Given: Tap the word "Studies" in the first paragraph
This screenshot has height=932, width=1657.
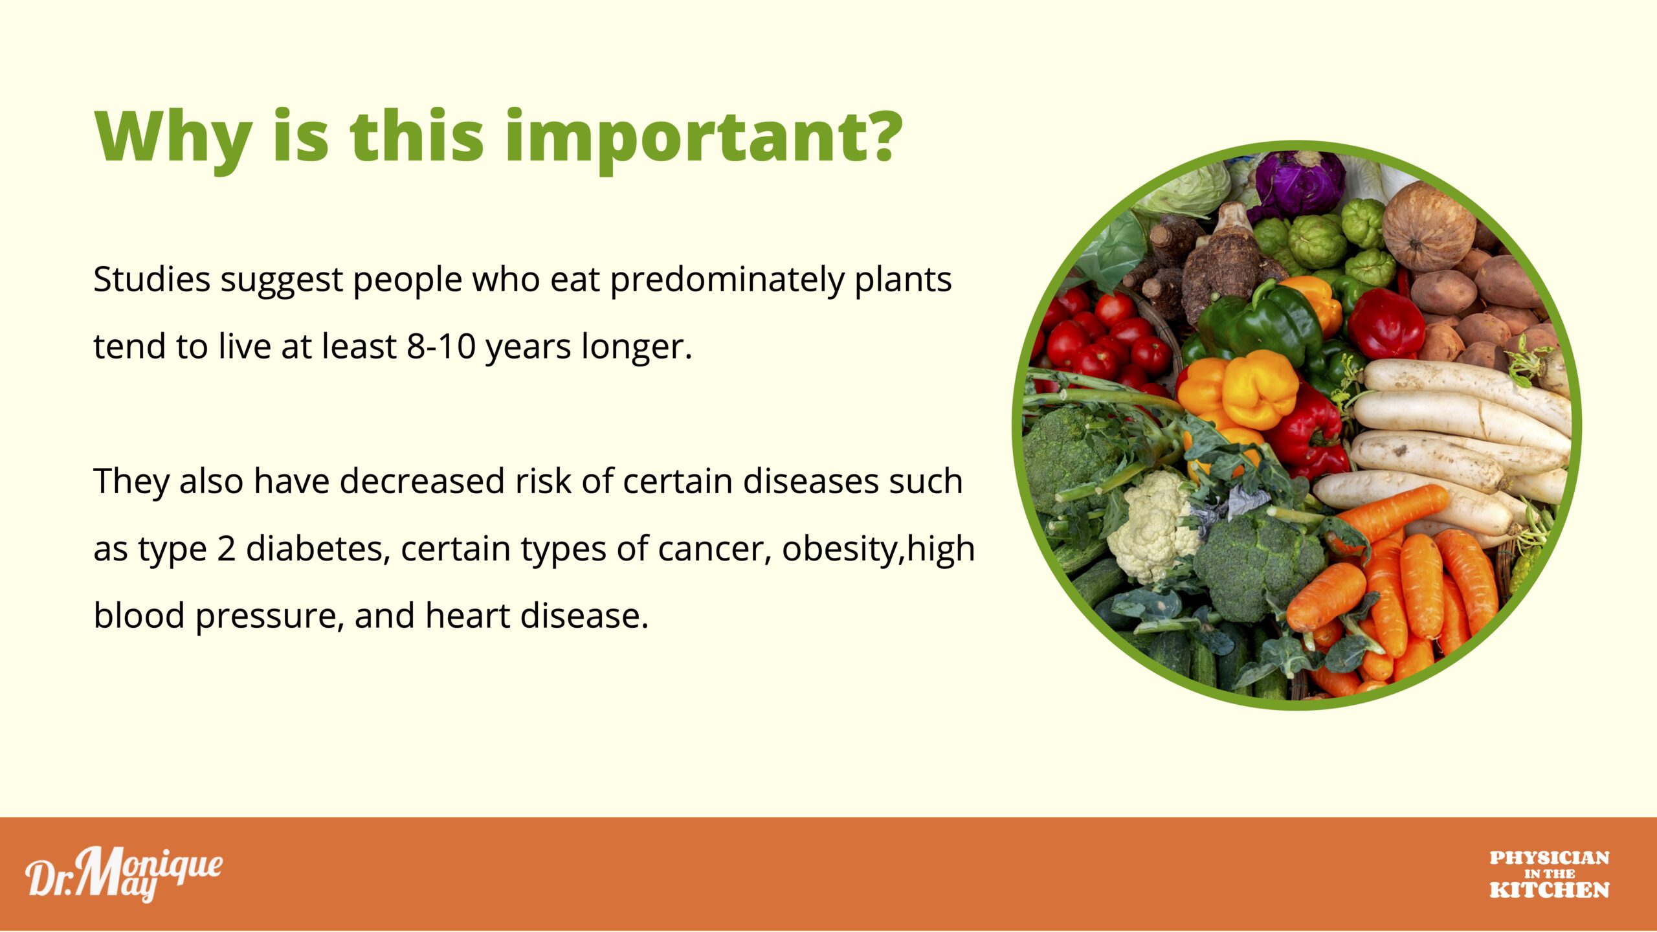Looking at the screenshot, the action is click(x=152, y=280).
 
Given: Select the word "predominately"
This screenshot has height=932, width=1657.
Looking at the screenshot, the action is click(x=728, y=281).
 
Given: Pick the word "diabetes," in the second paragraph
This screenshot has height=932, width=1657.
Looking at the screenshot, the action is click(x=318, y=548).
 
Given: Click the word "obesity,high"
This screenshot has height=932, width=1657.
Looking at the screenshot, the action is click(x=878, y=549).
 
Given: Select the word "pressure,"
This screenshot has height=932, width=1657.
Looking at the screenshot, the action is click(x=269, y=617).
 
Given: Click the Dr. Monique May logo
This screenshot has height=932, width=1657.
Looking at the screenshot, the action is click(x=124, y=874).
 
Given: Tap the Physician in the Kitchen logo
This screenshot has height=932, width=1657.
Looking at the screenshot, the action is click(x=1550, y=874).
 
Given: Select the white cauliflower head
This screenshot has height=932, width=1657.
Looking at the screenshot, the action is click(x=1152, y=524).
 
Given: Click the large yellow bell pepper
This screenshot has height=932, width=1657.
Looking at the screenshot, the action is click(x=1259, y=388).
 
